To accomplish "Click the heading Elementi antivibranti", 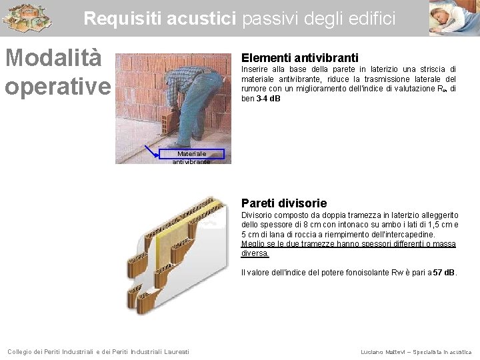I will (x=299, y=58).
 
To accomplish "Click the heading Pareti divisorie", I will (x=284, y=203).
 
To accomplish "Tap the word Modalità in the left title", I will (x=53, y=58).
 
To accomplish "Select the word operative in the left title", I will (x=58, y=86).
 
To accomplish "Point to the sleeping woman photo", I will (x=454, y=17).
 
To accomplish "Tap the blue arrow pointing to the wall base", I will (x=152, y=151).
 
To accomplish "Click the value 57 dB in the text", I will (x=443, y=273).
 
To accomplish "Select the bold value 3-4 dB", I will (x=269, y=99).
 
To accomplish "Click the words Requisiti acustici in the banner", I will (x=161, y=19).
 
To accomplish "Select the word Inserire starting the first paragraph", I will (x=254, y=69).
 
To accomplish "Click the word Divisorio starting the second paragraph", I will (x=257, y=215).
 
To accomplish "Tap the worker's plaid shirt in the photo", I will (x=183, y=79).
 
